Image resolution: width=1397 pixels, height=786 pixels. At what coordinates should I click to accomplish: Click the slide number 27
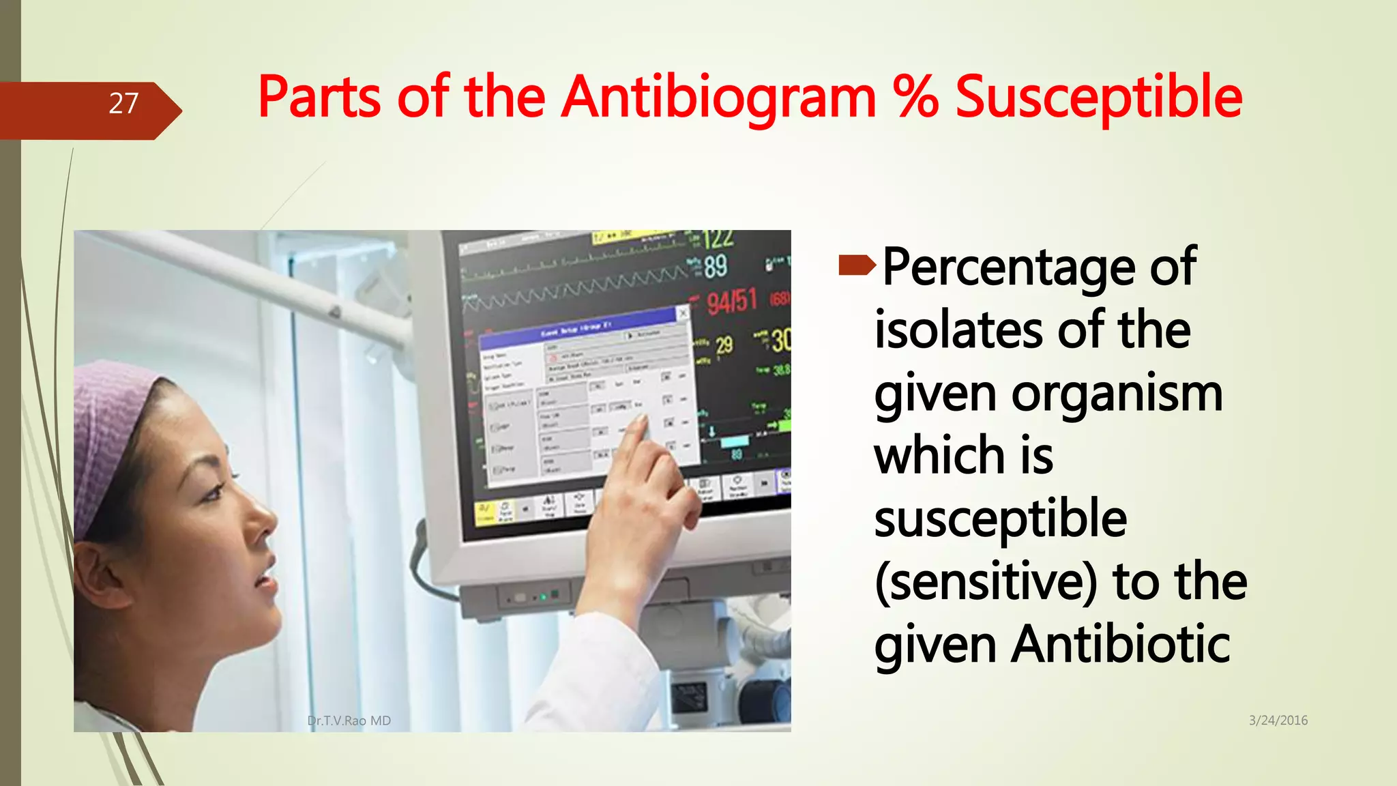pos(123,104)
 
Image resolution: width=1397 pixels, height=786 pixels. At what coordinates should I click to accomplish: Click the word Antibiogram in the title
pos(720,98)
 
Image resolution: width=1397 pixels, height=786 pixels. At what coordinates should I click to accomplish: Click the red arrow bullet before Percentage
pos(857,265)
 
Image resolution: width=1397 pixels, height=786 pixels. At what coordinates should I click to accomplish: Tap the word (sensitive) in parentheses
pos(986,582)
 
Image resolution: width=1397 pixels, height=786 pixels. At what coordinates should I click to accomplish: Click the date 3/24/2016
pos(1278,720)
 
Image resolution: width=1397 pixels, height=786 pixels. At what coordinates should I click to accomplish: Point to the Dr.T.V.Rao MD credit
pos(349,721)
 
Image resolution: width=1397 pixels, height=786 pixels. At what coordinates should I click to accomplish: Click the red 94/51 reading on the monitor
pos(731,301)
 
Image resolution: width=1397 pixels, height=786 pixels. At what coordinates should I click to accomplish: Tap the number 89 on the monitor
pos(715,267)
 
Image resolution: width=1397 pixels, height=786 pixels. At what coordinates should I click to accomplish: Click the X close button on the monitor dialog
pos(682,313)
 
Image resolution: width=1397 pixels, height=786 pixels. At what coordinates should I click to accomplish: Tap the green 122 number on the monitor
pos(718,239)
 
